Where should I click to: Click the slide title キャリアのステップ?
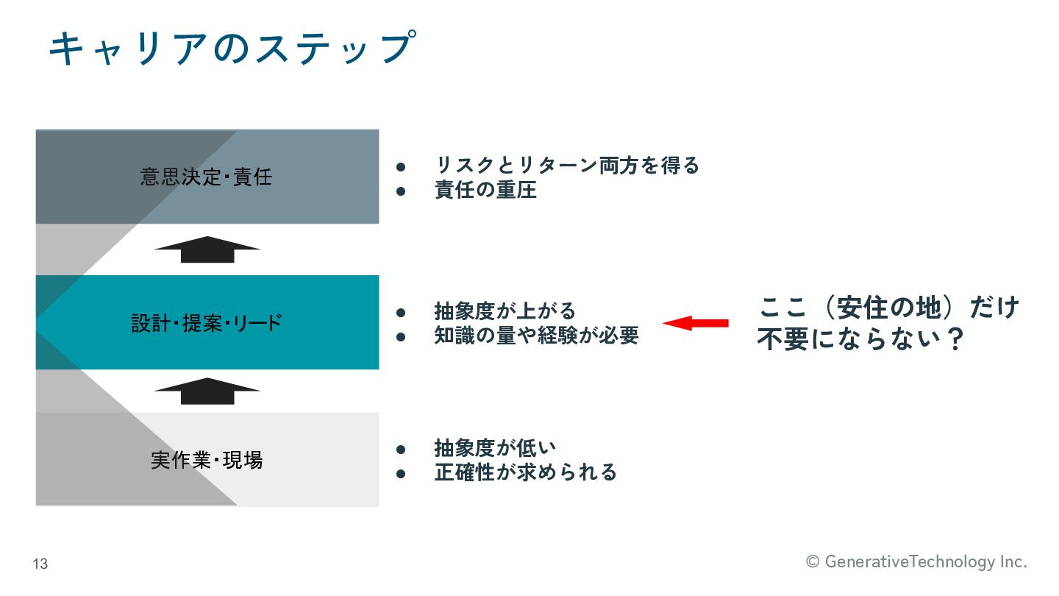231,48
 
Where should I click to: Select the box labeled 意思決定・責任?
207,177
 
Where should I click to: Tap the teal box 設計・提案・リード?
207,323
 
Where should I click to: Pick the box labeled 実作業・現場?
207,461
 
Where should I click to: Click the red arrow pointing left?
696,323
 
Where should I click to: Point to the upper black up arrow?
207,249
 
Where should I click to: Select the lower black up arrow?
207,391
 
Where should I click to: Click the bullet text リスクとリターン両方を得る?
567,166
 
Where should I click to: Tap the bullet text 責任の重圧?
485,191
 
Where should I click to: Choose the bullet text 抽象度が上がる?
505,311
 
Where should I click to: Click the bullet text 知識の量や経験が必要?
537,336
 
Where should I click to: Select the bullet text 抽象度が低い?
495,447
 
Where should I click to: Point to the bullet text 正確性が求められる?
525,472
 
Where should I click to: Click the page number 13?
40,564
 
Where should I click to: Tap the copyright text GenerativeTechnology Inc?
925,562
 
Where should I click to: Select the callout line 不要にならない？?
860,341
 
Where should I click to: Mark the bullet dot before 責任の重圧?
401,191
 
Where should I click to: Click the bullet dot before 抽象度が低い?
401,448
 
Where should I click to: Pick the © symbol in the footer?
813,562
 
